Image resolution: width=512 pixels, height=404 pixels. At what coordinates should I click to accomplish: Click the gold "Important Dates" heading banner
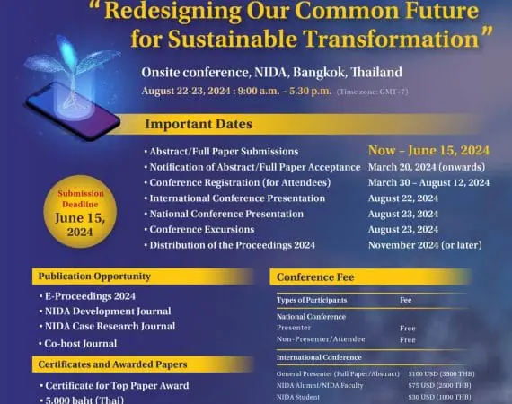pyautogui.click(x=212, y=125)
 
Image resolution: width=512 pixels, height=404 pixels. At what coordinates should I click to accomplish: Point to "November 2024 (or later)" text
pyautogui.click(x=429, y=245)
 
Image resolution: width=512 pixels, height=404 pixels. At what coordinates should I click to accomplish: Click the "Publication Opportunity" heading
pyautogui.click(x=93, y=276)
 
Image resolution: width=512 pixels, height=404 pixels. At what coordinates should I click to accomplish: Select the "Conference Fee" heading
pyautogui.click(x=311, y=277)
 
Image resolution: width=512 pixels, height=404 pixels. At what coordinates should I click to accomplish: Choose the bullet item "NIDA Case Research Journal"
pyautogui.click(x=109, y=326)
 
